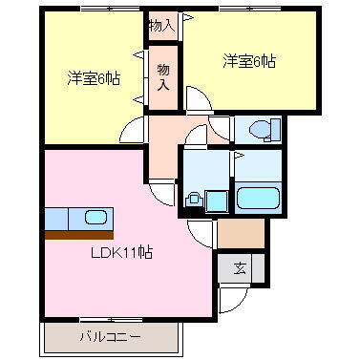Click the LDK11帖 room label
pyautogui.click(x=122, y=254)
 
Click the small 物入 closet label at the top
pyautogui.click(x=161, y=25)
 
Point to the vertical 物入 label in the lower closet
pyautogui.click(x=163, y=76)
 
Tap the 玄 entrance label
pyautogui.click(x=235, y=269)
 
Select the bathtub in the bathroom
pyautogui.click(x=257, y=199)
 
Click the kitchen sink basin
pyautogui.click(x=95, y=217)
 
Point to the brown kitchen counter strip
pyautogui.click(x=78, y=234)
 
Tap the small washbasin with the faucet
pyautogui.click(x=194, y=200)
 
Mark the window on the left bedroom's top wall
pyautogui.click(x=92, y=13)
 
